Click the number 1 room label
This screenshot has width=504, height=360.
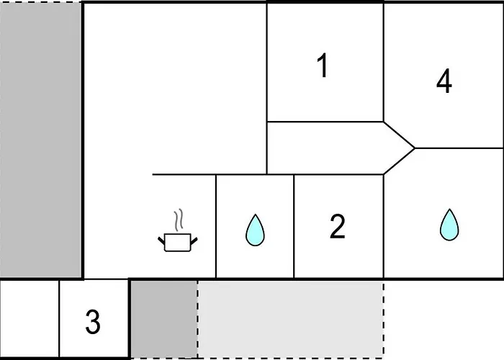click(x=323, y=66)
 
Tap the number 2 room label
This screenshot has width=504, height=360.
click(x=338, y=226)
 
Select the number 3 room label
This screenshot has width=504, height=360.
click(x=93, y=321)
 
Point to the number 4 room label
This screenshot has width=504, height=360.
click(x=444, y=81)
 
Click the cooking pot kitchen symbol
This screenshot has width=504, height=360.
click(x=178, y=243)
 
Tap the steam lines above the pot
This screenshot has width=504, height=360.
click(x=179, y=220)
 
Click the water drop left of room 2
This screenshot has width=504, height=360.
click(x=255, y=230)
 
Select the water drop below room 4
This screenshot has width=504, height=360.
click(x=449, y=225)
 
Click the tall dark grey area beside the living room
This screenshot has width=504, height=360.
click(x=40, y=140)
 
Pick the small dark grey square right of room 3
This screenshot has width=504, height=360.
click(x=164, y=319)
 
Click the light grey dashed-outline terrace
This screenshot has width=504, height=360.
click(x=291, y=319)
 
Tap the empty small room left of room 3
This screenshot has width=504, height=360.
click(x=30, y=318)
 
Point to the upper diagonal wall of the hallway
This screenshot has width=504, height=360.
click(x=399, y=135)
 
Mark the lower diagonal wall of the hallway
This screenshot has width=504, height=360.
click(x=399, y=161)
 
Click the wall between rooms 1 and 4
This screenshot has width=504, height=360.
click(x=384, y=62)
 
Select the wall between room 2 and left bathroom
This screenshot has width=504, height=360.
click(x=294, y=226)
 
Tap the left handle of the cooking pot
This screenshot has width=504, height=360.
click(x=161, y=240)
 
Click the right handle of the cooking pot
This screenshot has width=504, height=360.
click(x=194, y=240)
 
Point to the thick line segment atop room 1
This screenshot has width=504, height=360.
click(x=325, y=1)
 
